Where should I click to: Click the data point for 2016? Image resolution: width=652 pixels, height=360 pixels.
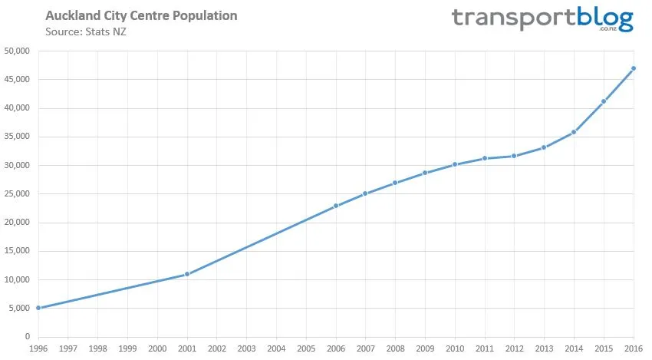tap(633, 68)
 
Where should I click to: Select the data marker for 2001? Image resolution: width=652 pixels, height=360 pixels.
tap(187, 274)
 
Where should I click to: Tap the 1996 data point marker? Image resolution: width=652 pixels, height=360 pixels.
tap(38, 308)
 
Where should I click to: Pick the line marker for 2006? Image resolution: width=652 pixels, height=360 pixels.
tap(336, 206)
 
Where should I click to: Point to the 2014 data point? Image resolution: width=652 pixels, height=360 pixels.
tap(574, 132)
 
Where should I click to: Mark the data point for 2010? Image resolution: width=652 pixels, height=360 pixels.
tap(455, 164)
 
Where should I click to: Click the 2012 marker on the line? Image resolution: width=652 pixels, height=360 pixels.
tap(514, 156)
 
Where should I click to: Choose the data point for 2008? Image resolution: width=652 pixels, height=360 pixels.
tap(395, 183)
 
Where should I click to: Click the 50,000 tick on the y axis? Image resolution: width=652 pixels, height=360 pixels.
tap(17, 51)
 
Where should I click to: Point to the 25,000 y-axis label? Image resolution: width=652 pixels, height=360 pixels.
tap(17, 194)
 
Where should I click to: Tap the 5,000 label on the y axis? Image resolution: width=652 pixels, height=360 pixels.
tap(18, 309)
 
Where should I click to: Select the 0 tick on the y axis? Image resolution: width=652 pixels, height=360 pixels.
tap(26, 337)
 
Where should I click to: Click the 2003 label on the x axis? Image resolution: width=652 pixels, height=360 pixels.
tap(246, 348)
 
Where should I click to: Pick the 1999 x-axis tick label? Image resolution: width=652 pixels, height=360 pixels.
tap(127, 348)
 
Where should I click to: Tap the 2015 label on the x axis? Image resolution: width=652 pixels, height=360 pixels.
tap(603, 348)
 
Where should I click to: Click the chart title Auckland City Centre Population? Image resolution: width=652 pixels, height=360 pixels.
tap(141, 15)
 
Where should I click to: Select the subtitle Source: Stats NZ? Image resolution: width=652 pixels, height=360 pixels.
tap(85, 31)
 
